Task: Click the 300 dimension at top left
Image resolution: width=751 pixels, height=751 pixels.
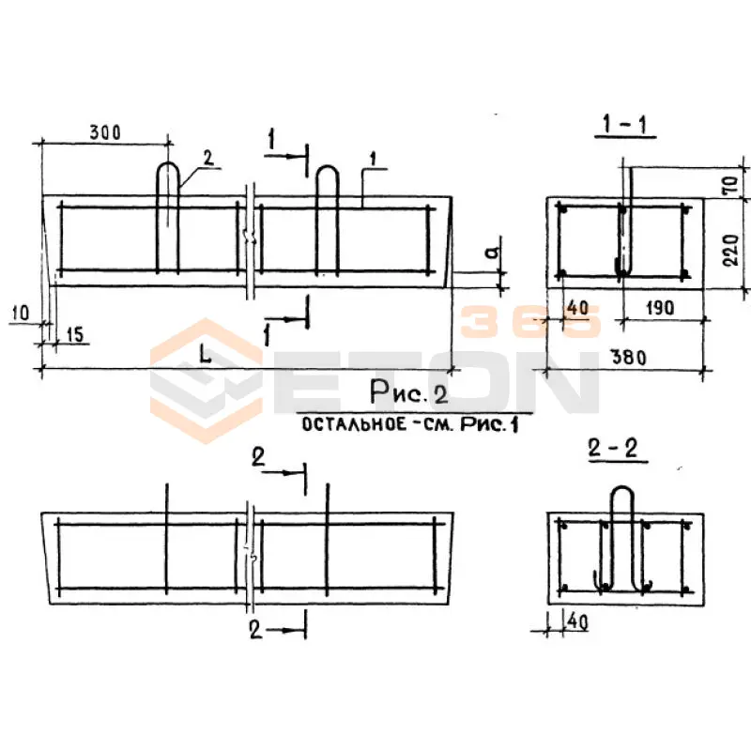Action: point(105,131)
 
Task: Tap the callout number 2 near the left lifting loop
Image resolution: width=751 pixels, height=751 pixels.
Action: point(208,158)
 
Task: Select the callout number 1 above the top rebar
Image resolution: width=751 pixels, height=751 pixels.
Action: point(374,159)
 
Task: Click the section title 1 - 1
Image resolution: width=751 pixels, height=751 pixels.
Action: point(625,125)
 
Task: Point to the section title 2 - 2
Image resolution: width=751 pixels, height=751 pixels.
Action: point(614,449)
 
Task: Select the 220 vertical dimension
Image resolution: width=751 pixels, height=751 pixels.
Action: point(731,250)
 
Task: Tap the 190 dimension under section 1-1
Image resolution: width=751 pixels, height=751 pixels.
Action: point(660,308)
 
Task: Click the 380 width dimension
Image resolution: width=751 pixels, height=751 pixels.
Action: point(629,357)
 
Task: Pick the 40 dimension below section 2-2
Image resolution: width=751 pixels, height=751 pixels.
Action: point(577,621)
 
